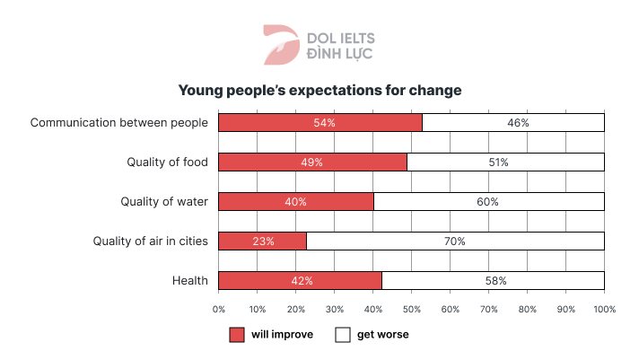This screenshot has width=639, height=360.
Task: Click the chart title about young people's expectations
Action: click(319, 91)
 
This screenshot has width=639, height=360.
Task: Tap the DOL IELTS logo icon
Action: click(280, 46)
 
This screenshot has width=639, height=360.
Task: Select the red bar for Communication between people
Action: click(320, 122)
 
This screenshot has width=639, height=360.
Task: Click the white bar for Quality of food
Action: click(505, 162)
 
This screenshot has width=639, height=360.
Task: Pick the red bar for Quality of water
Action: click(296, 202)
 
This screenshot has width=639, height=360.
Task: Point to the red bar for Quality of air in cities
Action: click(263, 241)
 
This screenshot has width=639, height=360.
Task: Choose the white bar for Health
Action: click(493, 281)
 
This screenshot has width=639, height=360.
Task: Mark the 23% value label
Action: click(263, 241)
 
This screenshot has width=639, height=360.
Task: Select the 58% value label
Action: click(495, 281)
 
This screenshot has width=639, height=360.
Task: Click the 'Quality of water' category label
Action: click(164, 202)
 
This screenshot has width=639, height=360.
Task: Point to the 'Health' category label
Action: click(190, 281)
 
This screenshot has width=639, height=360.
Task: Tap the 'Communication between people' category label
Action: click(119, 122)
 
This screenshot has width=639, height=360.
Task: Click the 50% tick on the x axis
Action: click(412, 309)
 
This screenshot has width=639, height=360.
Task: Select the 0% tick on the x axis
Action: click(219, 309)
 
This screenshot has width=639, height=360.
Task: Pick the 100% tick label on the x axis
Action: click(604, 309)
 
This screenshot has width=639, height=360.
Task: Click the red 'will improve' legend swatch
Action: click(237, 335)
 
